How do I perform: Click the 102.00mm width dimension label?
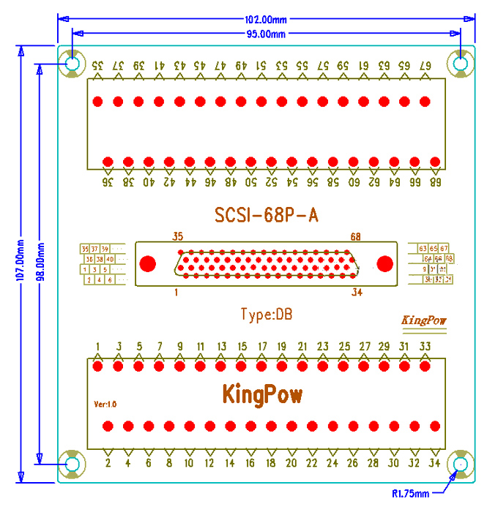265,19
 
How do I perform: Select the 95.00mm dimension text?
265,34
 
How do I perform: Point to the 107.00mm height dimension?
21,263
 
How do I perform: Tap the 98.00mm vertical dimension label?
40,263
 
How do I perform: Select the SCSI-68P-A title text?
267,215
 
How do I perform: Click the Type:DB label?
267,315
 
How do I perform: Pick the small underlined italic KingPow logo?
424,320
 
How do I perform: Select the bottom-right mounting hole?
461,465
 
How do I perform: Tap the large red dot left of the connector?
148,263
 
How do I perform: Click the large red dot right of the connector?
385,263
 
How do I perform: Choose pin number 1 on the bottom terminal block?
98,346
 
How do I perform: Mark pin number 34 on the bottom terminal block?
435,462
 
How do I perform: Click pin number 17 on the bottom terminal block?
262,346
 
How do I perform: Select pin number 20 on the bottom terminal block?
291,462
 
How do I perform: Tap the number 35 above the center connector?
178,236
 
